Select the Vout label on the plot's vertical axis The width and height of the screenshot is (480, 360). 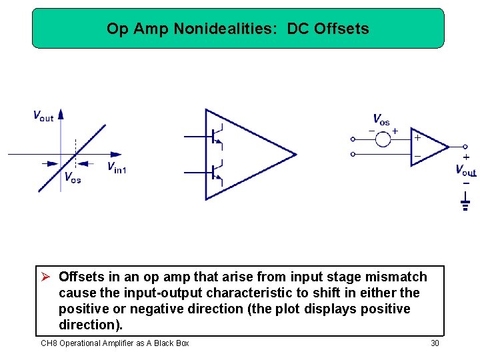click(x=43, y=115)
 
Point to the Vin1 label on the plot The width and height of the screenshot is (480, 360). click(x=117, y=167)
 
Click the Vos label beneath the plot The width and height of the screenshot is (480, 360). click(x=72, y=178)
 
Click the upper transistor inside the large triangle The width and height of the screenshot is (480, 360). click(x=215, y=136)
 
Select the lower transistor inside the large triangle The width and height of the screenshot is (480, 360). click(x=215, y=172)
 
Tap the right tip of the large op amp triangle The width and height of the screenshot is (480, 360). click(x=295, y=155)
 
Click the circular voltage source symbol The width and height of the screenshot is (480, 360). click(x=383, y=139)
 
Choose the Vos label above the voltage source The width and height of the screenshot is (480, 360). click(x=381, y=120)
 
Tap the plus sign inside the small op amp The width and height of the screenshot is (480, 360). click(x=417, y=138)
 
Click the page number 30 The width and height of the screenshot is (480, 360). click(x=435, y=343)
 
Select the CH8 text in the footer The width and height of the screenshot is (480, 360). click(x=49, y=343)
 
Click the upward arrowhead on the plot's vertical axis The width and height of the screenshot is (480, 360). click(x=61, y=114)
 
